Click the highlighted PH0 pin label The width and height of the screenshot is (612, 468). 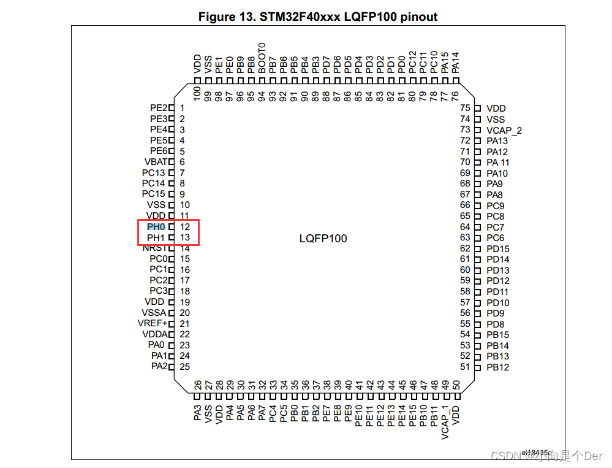click(156, 227)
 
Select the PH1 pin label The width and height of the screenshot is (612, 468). click(156, 237)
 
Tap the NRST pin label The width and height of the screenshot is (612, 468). click(154, 248)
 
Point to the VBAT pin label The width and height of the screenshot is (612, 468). click(155, 162)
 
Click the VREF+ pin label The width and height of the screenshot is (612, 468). click(153, 323)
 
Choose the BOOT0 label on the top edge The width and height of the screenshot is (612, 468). click(262, 58)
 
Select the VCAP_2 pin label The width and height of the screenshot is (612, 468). click(504, 130)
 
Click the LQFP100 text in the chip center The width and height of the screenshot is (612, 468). click(323, 238)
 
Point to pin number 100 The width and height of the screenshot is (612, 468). click(197, 94)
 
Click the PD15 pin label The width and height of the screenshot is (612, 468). click(498, 248)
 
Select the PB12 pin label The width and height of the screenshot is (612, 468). click(498, 367)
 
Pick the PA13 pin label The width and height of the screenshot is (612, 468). click(497, 141)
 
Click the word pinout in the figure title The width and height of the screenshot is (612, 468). click(419, 17)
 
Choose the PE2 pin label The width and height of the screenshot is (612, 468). click(158, 108)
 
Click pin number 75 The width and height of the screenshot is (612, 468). click(465, 109)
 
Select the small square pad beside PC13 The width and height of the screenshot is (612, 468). click(172, 173)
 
